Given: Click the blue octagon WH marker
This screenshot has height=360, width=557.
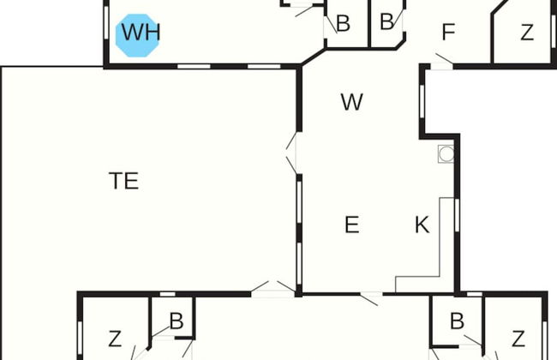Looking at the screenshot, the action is coord(137,35).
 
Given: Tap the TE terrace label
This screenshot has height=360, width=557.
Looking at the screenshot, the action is coord(123,181).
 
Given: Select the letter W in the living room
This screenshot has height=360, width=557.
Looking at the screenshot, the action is coord(352,102).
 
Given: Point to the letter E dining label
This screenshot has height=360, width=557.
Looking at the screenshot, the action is coord(351,225).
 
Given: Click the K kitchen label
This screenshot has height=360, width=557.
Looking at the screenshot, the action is coord(422,225).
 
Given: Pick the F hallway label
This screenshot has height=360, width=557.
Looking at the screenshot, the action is coord(448,32).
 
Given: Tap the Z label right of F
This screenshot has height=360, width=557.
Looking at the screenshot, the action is coord(527,33).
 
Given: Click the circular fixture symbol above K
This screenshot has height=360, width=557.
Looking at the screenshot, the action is coord(446,154).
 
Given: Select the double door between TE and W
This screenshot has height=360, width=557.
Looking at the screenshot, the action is coord(292,153).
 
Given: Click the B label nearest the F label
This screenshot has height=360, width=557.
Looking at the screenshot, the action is coord(386,21).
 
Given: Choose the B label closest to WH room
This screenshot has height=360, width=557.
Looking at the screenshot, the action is coord(343,23).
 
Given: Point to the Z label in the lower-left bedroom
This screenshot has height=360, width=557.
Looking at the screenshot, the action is coord(115,339).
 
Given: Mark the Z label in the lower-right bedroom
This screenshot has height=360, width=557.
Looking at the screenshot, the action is coord(518,339).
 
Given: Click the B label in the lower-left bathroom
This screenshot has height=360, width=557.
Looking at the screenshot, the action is coord(177,321).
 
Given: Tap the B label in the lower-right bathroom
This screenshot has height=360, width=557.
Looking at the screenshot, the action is coord(457,321).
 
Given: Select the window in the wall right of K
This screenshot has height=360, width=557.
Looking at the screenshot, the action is coord(457,215).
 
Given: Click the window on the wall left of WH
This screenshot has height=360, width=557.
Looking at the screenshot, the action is coord(105,22).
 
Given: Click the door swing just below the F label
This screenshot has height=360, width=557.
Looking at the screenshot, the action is coord(443,60).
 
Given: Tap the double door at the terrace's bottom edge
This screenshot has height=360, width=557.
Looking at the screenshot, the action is coord(273,288).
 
